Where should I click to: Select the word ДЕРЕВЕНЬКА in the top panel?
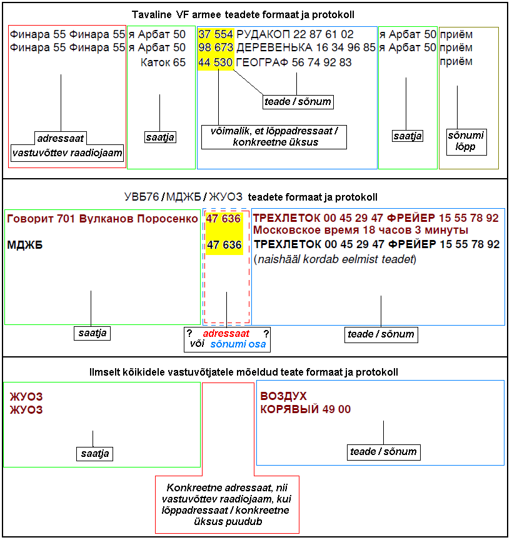269,47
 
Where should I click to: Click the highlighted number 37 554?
216,34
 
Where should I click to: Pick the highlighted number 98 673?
216,47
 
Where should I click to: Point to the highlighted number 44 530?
216,62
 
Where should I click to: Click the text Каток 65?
163,62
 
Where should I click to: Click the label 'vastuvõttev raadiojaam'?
68,152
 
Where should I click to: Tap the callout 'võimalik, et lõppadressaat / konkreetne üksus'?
274,137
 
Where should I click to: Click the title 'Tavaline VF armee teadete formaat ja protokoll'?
256,15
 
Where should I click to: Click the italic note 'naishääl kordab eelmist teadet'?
335,259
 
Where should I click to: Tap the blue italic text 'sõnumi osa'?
238,344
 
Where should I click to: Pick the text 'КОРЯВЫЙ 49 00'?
306,409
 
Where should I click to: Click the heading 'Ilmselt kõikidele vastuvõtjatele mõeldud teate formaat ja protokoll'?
256,372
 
